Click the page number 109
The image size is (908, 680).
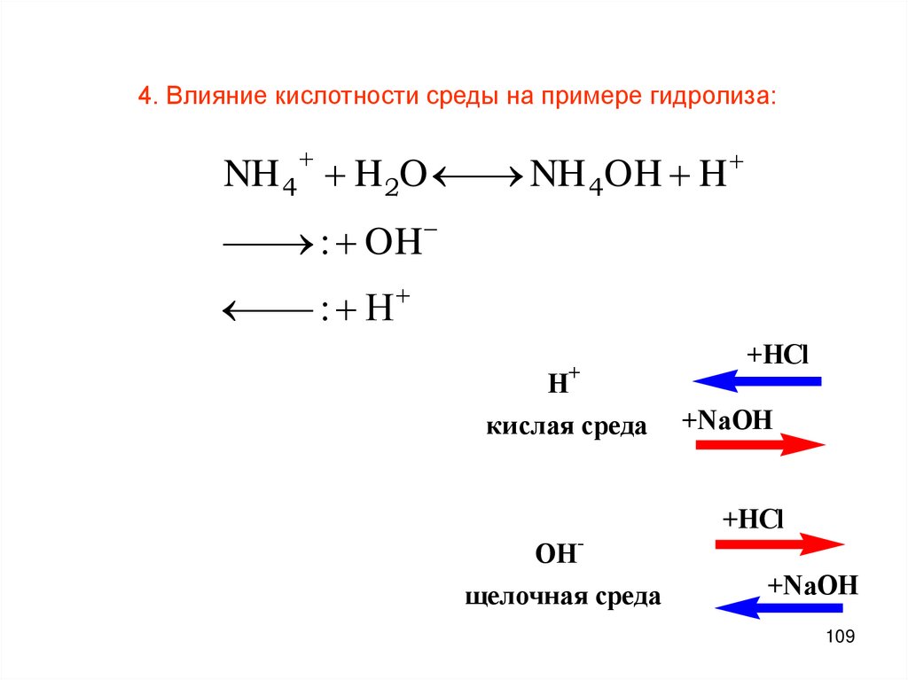[839, 637]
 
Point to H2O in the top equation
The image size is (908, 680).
[391, 175]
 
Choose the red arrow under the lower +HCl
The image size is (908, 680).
[779, 544]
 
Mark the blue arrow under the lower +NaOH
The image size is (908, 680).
[778, 608]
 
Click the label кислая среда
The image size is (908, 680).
[566, 427]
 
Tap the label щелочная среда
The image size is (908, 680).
[563, 597]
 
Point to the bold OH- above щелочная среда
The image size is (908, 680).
[558, 555]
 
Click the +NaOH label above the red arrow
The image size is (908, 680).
[728, 418]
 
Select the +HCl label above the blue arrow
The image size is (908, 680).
[778, 356]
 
